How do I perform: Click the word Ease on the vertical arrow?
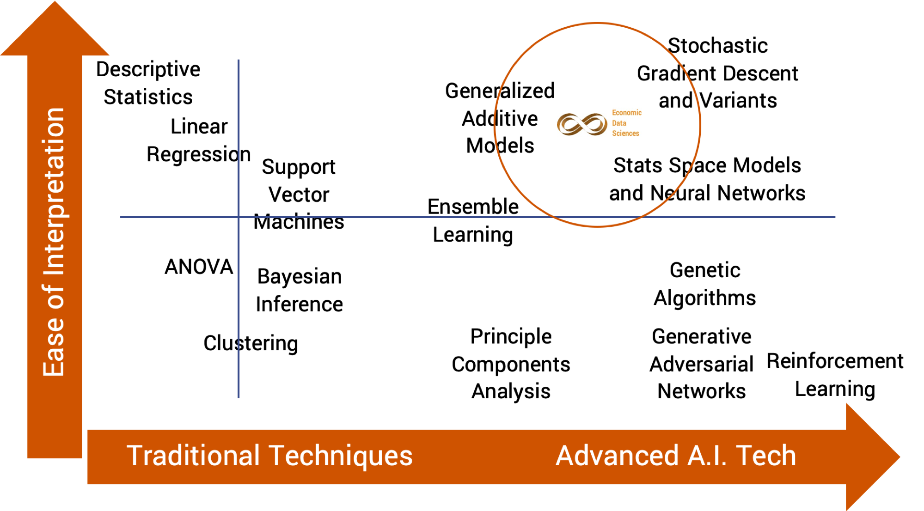coord(54,347)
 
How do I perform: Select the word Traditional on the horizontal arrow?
coord(193,456)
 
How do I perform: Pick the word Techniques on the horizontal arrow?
coord(341,456)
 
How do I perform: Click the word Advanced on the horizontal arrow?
coord(617,456)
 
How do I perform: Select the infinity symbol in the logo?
coord(582,124)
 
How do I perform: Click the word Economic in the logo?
coord(626,113)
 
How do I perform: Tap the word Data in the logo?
coord(619,123)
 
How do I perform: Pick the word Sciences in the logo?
coord(625,134)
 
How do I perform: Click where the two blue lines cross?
coord(239,217)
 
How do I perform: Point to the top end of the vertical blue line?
coord(239,60)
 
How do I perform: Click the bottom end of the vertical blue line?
coord(239,397)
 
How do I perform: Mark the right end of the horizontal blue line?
coord(835,217)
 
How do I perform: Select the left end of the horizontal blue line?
coord(121,217)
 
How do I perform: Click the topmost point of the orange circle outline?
coord(598,23)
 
